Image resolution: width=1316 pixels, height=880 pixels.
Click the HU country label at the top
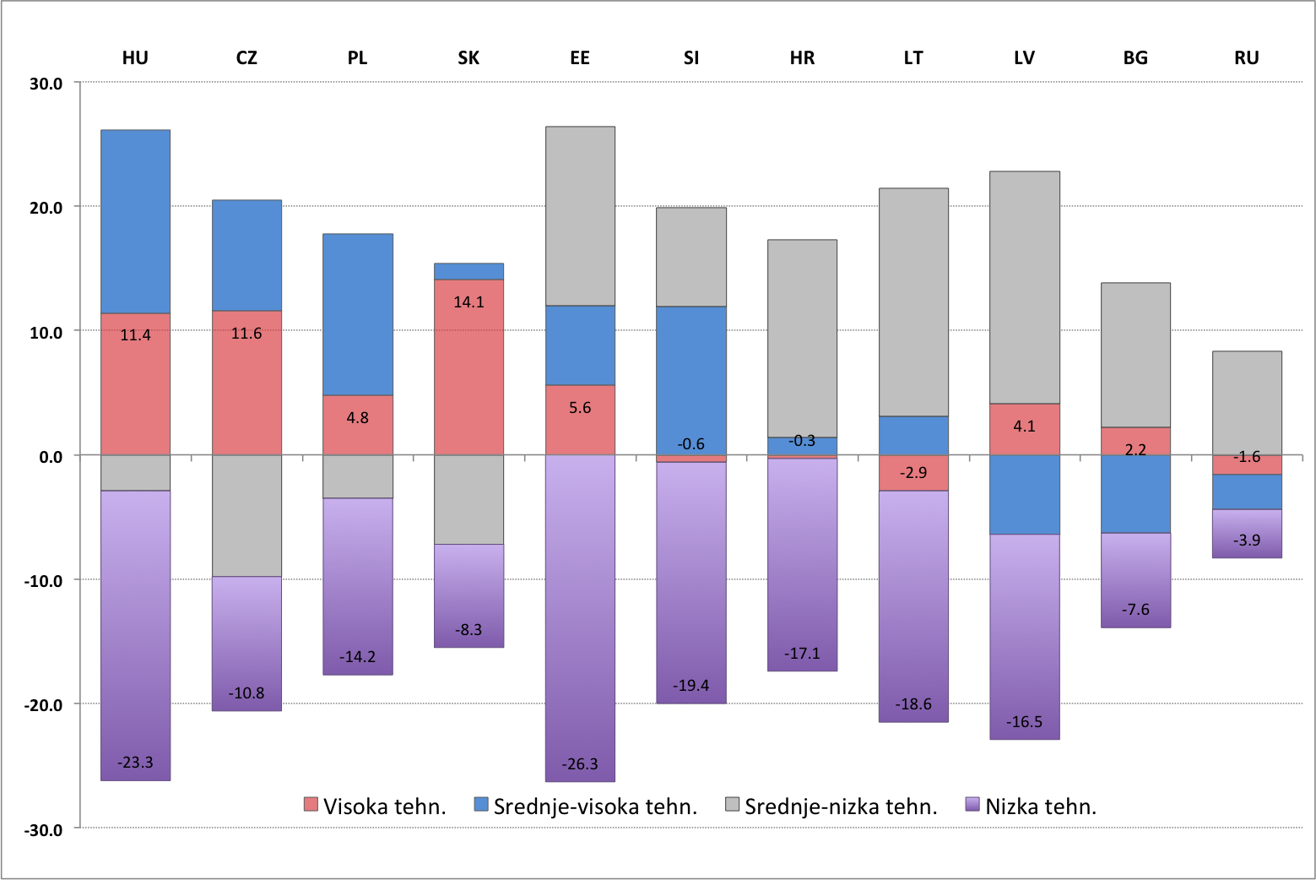135,57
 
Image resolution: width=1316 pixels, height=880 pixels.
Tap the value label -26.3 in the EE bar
580,763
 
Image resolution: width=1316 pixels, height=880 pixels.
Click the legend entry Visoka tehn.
375,807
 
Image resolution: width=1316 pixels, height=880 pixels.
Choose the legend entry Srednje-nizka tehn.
831,807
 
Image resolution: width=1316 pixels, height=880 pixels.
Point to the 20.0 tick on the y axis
46,208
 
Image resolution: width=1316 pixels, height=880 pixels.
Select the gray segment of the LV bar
1024,287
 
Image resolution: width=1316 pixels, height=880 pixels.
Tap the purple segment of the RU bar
1247,533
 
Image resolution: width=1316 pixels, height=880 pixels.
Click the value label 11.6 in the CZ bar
246,334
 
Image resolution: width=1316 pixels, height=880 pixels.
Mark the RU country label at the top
1246,57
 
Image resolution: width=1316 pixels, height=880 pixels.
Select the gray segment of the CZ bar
246,515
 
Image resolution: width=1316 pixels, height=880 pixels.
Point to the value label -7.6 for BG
1135,609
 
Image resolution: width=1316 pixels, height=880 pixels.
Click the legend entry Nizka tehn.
1031,807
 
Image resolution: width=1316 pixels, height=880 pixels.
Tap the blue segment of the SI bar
691,372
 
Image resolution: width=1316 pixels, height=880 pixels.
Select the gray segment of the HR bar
802,338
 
